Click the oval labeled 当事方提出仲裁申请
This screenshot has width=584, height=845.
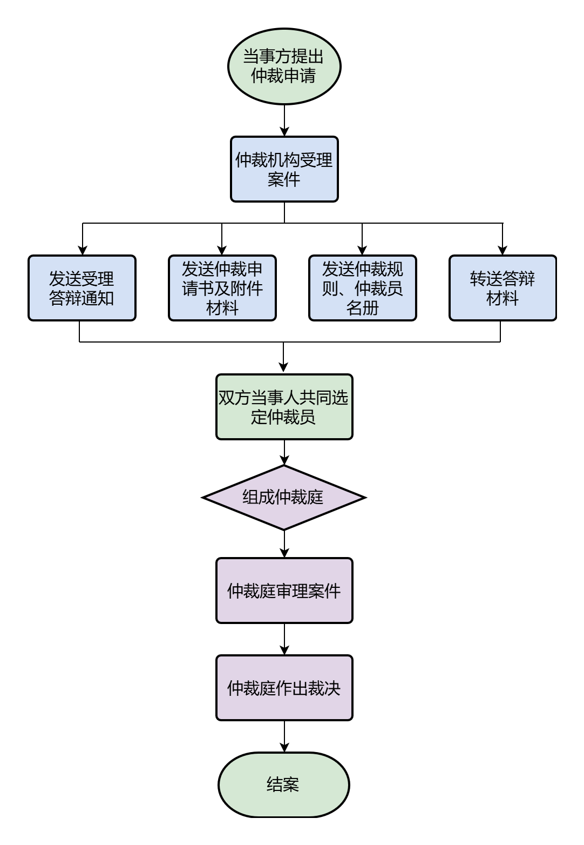(284, 66)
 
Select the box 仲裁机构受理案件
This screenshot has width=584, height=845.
(284, 169)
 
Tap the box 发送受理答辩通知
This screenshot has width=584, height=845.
(82, 288)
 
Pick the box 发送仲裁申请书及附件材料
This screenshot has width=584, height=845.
(222, 288)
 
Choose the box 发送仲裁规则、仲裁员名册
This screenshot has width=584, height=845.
(362, 288)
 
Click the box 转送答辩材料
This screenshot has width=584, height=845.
(502, 288)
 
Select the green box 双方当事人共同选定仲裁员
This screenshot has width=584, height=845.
(284, 407)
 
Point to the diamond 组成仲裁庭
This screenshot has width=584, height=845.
(284, 497)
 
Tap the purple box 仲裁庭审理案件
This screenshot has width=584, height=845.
(284, 591)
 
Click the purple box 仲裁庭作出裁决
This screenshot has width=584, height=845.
(284, 688)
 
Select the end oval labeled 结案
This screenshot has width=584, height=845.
(284, 784)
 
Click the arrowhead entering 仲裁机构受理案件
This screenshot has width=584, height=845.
(284, 131)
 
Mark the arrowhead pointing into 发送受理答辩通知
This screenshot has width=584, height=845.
(83, 250)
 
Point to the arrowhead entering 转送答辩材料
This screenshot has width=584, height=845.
(502, 250)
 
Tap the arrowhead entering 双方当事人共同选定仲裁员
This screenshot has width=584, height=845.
(283, 368)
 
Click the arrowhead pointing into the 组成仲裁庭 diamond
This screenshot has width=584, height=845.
(284, 460)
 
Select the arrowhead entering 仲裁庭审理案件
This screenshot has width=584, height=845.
(284, 553)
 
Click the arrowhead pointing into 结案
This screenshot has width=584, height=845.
(284, 747)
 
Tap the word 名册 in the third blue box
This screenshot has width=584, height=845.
(362, 308)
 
